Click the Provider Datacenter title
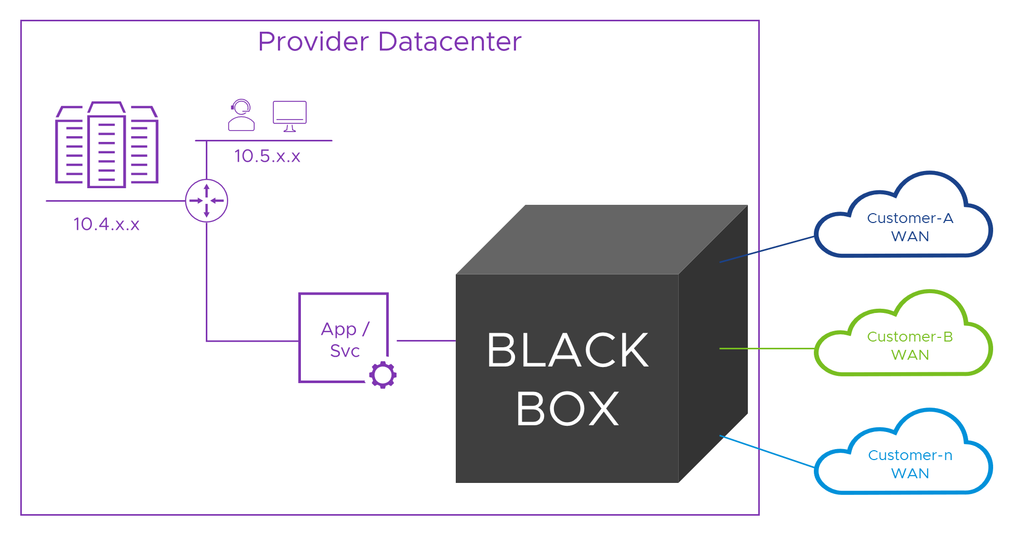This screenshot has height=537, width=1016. tap(389, 42)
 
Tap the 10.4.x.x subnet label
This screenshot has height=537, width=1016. tap(107, 224)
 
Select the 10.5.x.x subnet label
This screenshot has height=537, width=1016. tap(267, 156)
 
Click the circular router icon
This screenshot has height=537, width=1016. tap(206, 201)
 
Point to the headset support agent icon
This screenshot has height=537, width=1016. tap(241, 115)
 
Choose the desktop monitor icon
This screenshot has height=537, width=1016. tap(289, 116)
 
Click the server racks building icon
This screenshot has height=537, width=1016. tap(107, 145)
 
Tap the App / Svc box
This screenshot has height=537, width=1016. tap(343, 338)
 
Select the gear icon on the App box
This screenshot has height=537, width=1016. tap(383, 374)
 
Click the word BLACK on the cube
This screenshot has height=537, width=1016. tap(568, 350)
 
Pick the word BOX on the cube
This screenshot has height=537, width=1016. tap(568, 409)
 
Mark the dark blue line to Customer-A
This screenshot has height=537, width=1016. tap(767, 250)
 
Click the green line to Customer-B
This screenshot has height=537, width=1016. tap(767, 348)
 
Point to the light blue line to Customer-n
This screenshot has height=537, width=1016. tap(767, 451)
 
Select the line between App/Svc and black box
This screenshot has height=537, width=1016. tap(426, 341)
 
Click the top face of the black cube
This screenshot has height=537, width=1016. tap(598, 239)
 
